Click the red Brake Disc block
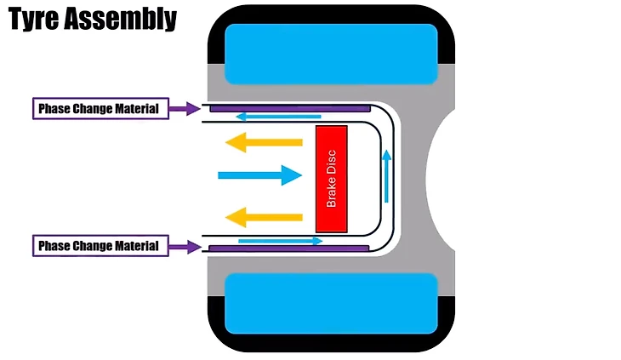pyautogui.click(x=331, y=179)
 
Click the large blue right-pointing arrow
pyautogui.click(x=259, y=175)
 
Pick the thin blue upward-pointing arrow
pyautogui.click(x=386, y=176)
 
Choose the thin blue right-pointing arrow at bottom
pyautogui.click(x=281, y=241)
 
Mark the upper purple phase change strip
pyautogui.click(x=289, y=108)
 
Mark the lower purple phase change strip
pyautogui.click(x=289, y=249)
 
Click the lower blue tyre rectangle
pyautogui.click(x=331, y=303)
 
